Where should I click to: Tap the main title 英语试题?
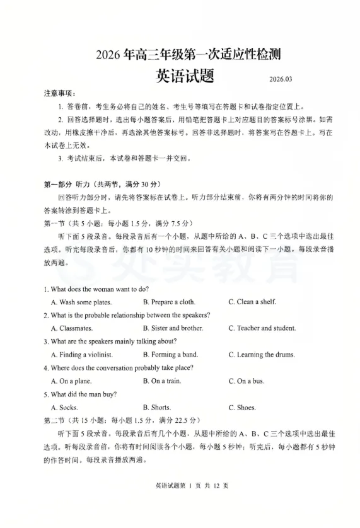point(184,76)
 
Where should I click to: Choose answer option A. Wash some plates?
point(81,302)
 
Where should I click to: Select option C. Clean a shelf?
point(252,302)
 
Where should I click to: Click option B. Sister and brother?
point(173,328)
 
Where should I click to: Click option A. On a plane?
point(71,381)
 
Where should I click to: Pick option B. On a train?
point(162,381)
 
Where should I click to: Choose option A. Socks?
point(64,408)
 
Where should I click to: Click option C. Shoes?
point(242,408)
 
